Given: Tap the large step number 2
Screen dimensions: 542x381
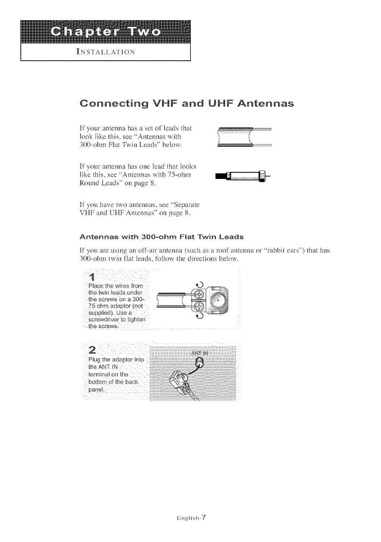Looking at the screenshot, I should click(93, 350).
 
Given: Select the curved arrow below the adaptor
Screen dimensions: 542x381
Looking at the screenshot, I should click(199, 318).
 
